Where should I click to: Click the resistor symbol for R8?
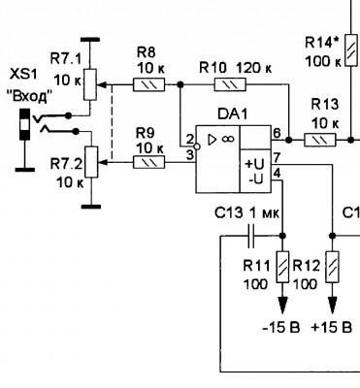click(x=148, y=84)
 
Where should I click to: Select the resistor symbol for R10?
click(x=230, y=84)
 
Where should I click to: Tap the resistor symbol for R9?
click(x=148, y=162)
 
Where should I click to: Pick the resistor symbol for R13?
click(x=320, y=140)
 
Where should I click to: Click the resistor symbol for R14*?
click(x=351, y=50)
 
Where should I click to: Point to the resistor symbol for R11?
click(x=282, y=267)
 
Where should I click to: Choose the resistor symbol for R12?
click(x=333, y=267)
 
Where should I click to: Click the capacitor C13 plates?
click(x=251, y=236)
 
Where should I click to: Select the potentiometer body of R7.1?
click(x=90, y=84)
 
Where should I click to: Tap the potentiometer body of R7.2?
click(x=91, y=162)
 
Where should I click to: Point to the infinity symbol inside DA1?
click(x=228, y=140)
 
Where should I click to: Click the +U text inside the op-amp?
click(x=255, y=164)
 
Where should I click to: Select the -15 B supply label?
click(x=281, y=328)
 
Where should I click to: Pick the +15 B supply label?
click(x=331, y=328)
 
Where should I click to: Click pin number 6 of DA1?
click(x=277, y=133)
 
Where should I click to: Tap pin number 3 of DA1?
click(x=190, y=155)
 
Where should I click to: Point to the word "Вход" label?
click(x=29, y=96)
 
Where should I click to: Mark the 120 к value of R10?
click(x=254, y=69)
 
